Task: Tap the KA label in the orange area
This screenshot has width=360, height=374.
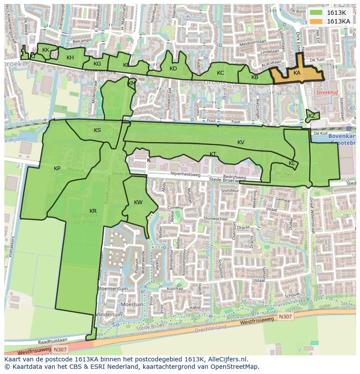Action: pos(297,73)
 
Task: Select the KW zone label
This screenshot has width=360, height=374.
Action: pos(138,202)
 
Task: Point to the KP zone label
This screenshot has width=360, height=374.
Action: pos(57,169)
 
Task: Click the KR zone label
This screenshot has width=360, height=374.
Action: pos(93,211)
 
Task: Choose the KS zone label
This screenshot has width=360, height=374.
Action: pos(97,130)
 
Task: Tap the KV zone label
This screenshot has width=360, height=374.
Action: pos(241,142)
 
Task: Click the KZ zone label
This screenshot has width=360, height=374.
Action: pos(312,116)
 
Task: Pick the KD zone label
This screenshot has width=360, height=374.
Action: pos(173,69)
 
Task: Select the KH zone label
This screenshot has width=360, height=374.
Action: pos(70,58)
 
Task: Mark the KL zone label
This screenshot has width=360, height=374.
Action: pos(292,163)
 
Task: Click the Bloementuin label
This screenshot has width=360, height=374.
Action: pos(113,288)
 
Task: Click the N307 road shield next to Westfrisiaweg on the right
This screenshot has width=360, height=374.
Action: pos(286,317)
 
